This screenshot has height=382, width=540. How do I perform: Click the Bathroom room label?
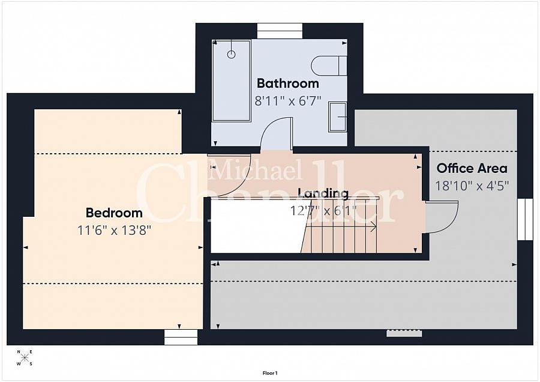[x=287, y=83]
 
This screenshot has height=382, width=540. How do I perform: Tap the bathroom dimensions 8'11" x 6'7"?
[x=287, y=101]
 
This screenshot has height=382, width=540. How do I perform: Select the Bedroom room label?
[x=114, y=213]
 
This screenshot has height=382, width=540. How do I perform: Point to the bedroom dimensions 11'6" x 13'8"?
[x=114, y=230]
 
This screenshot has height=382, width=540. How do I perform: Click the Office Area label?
[x=472, y=169]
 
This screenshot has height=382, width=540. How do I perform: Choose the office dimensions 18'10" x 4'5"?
[x=472, y=186]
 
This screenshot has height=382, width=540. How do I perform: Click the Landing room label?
[x=323, y=193]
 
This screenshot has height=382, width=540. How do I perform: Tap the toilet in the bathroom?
[x=329, y=65]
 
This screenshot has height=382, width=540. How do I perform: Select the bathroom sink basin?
[x=337, y=117]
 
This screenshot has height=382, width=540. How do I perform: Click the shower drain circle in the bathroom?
[x=232, y=54]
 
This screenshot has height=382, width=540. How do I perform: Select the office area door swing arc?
[x=443, y=217]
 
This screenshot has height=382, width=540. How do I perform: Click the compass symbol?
[x=25, y=358]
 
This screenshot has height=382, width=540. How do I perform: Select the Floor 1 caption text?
[x=269, y=374]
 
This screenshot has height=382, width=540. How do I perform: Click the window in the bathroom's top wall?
[x=280, y=31]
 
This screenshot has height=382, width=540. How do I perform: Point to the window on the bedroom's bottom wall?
[x=181, y=337]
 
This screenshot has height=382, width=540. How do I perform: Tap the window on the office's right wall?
[x=525, y=219]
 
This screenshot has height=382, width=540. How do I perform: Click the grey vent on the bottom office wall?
[x=404, y=333]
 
